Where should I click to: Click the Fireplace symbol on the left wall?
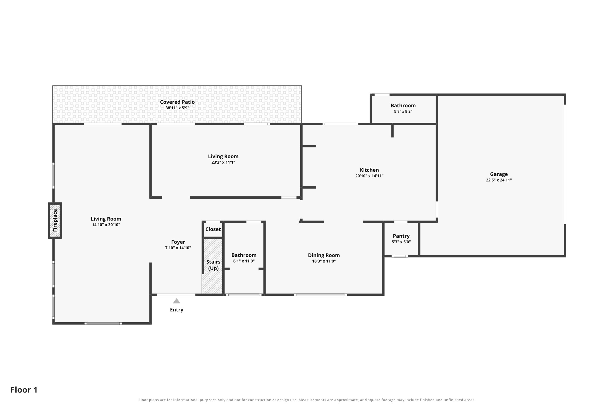(x=55, y=220)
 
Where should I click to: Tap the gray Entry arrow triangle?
(x=177, y=301)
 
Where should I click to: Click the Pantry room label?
(x=401, y=236)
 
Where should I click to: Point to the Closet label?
(x=213, y=229)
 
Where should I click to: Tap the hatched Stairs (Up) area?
(x=212, y=266)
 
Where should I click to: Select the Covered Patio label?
(x=177, y=102)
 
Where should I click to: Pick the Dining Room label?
(x=324, y=255)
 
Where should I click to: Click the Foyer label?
(x=178, y=242)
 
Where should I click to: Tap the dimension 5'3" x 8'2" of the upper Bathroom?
(x=403, y=111)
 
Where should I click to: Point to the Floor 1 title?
(x=24, y=390)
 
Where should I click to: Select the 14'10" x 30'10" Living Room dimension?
(x=106, y=225)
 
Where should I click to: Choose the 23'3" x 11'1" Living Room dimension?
(x=223, y=162)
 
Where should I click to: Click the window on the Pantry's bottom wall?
(x=400, y=256)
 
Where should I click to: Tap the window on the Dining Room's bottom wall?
(x=320, y=295)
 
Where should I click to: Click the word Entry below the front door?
(x=177, y=310)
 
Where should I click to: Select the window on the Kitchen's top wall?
(x=340, y=124)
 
